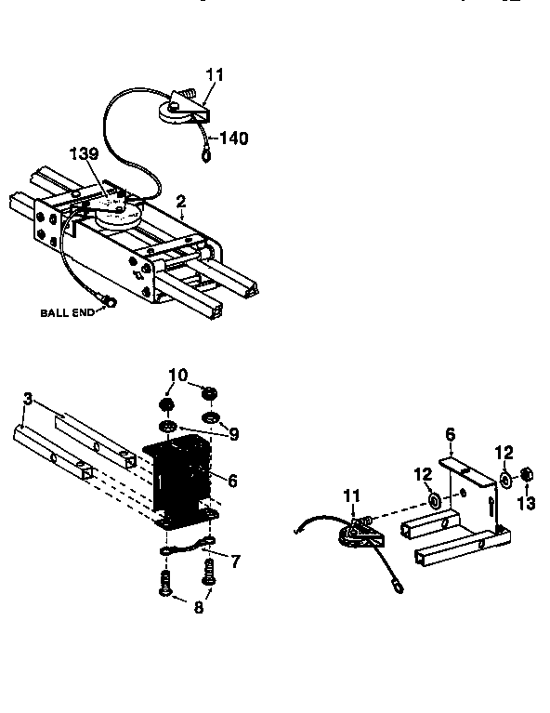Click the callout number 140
point(234,139)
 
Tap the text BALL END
point(67,312)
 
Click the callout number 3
point(28,399)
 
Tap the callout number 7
point(235,561)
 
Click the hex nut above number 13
point(525,475)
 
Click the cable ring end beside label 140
point(205,155)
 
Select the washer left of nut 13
point(504,481)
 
